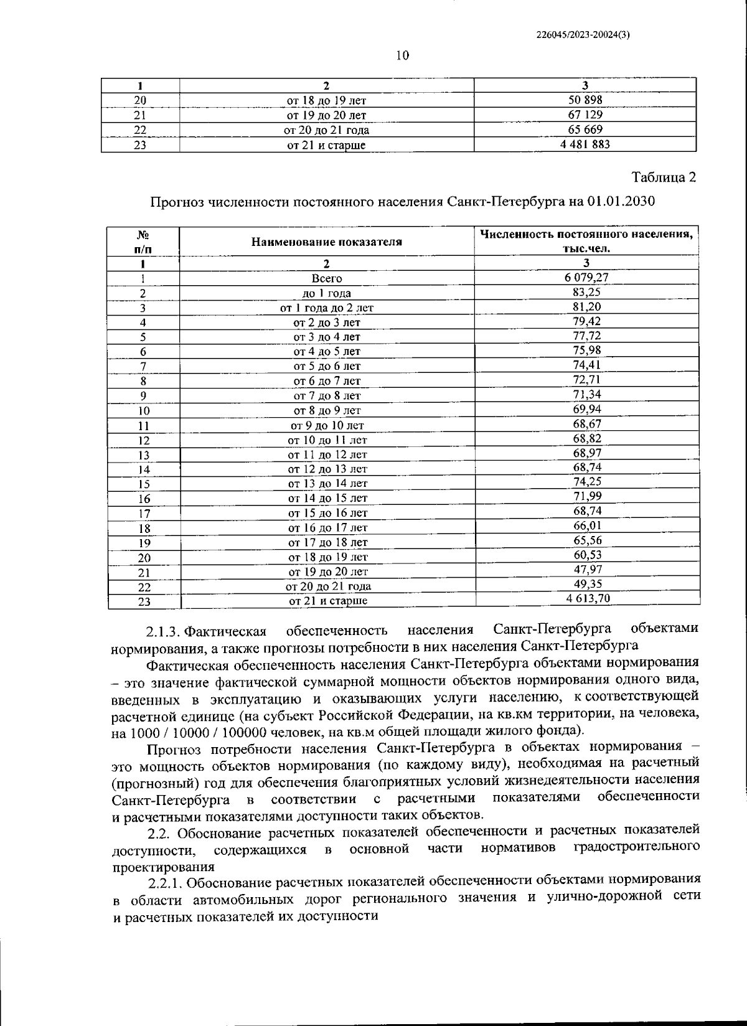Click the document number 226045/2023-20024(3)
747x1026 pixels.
click(x=583, y=35)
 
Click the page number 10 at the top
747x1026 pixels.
click(x=402, y=56)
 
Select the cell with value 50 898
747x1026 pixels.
click(x=585, y=100)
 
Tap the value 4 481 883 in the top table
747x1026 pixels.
click(x=585, y=144)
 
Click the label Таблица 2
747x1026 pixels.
click(x=664, y=177)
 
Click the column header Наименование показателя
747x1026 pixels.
click(x=326, y=242)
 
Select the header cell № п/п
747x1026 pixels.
click(x=143, y=242)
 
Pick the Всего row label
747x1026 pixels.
click(x=326, y=278)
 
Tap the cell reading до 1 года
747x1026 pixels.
click(x=326, y=293)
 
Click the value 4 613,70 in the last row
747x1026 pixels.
click(x=587, y=599)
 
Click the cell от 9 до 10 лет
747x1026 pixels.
click(x=327, y=426)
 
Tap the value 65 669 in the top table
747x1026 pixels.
click(x=585, y=129)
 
